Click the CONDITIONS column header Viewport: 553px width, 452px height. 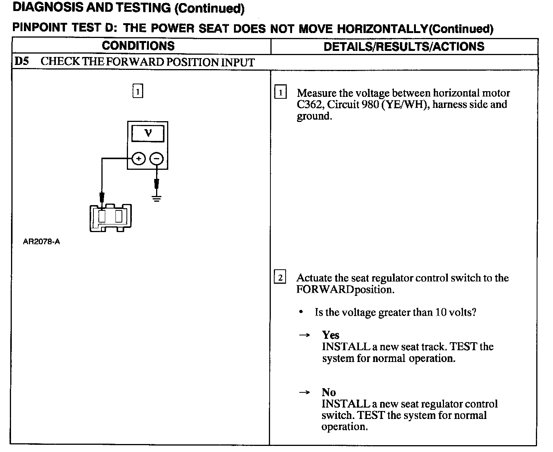pos(138,46)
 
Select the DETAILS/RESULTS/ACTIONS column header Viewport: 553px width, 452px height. pos(404,46)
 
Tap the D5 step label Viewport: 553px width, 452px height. pos(22,62)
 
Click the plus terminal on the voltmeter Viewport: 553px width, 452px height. pos(139,158)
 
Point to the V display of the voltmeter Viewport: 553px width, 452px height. pos(148,133)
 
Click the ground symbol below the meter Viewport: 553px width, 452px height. pos(156,198)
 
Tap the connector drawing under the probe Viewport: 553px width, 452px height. pos(111,218)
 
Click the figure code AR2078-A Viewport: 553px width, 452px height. pos(41,242)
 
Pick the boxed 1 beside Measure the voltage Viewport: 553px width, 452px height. pos(280,93)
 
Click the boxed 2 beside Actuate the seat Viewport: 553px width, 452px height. pos(280,278)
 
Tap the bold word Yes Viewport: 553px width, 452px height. pos(330,335)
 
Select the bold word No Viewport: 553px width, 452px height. pos(329,392)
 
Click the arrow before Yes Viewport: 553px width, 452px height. pos(304,335)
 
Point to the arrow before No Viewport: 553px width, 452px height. pos(304,392)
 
